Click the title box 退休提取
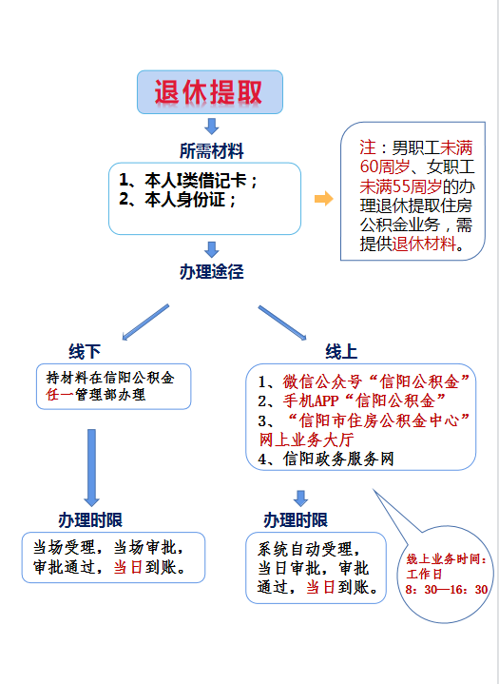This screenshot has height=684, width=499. click(x=210, y=92)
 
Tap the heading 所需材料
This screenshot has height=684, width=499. click(x=211, y=150)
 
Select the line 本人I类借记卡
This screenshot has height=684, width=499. click(x=189, y=180)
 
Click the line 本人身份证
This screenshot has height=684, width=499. click(x=178, y=200)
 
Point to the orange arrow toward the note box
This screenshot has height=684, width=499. click(x=323, y=199)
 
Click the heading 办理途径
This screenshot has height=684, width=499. click(x=211, y=272)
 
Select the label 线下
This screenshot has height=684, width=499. click(x=84, y=351)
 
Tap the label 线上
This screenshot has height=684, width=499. click(x=341, y=351)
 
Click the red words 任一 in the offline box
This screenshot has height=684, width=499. click(x=59, y=394)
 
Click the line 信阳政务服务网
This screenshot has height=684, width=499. click(x=325, y=459)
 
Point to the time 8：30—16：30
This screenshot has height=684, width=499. click(x=447, y=590)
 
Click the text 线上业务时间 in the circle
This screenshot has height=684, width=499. click(x=446, y=559)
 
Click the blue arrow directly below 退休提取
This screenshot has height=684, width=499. click(x=212, y=125)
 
